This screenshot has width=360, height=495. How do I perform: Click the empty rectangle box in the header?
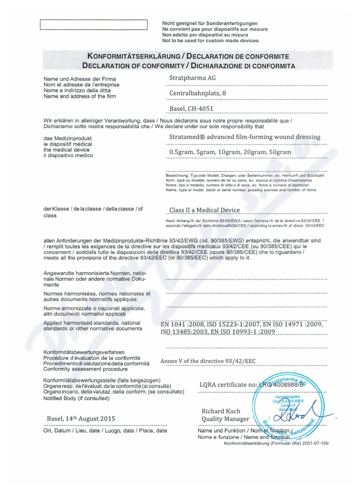[94, 25]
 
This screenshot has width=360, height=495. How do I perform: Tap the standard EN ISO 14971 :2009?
[293, 324]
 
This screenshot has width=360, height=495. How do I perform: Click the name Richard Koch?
[221, 411]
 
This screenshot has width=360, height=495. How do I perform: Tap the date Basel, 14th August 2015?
[81, 419]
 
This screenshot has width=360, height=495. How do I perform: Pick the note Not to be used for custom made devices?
[210, 40]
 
